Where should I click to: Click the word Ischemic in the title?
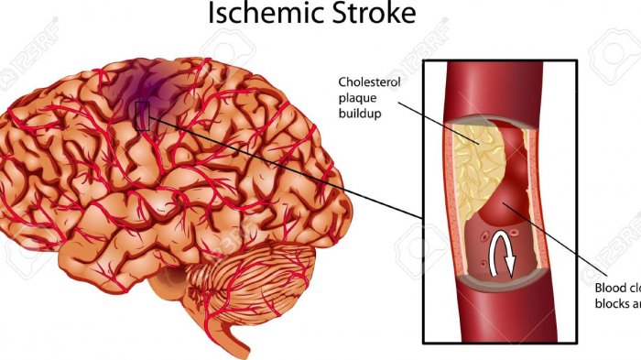(261, 15)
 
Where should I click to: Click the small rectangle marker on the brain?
(141, 115)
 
